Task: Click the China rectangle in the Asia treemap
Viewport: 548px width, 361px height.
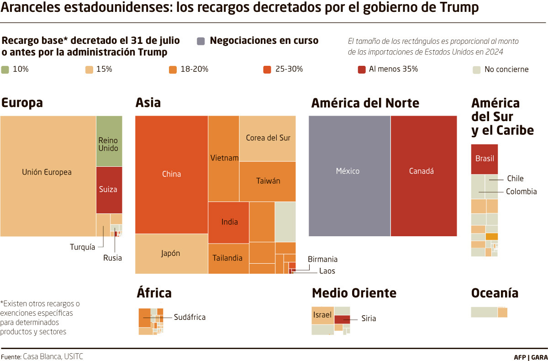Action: (172, 174)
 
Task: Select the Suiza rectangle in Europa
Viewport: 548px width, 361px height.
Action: (109, 189)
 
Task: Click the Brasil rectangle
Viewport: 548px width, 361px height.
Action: (484, 159)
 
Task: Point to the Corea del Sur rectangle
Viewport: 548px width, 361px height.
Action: (268, 138)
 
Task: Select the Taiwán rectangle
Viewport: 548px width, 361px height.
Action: (268, 181)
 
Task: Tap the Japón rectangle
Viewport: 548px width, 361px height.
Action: (171, 254)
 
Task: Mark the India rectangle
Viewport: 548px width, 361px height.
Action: (229, 222)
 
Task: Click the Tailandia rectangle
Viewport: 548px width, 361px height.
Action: (228, 258)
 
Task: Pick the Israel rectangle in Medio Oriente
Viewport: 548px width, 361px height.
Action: (322, 315)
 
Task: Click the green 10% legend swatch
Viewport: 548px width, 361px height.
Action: (5, 69)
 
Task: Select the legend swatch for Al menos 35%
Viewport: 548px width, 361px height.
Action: (362, 69)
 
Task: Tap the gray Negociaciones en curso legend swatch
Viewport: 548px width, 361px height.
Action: (201, 41)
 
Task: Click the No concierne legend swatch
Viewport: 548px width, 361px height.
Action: (476, 69)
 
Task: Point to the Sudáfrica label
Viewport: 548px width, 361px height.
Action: (190, 317)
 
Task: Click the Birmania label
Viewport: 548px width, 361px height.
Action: (322, 259)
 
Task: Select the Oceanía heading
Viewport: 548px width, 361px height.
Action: (495, 293)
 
